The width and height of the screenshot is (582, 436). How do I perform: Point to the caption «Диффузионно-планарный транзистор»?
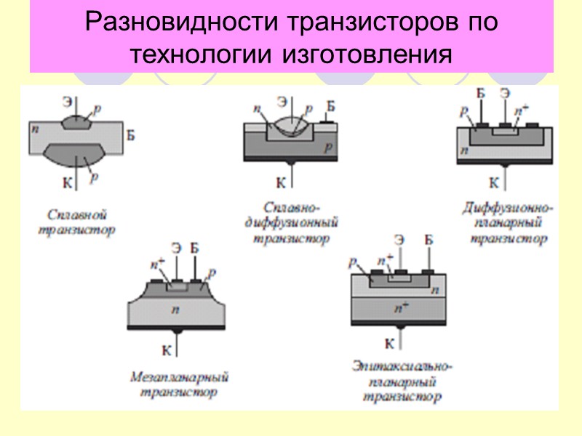coord(507,224)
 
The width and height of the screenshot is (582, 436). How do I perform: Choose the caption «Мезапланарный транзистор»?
coord(179,385)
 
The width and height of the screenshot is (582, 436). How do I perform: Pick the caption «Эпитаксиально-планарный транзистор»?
coord(402,381)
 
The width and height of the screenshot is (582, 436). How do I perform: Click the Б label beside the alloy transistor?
coord(130,134)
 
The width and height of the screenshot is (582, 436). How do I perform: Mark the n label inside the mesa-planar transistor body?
coord(175,310)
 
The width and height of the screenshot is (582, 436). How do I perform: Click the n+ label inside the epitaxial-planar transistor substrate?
coord(399,308)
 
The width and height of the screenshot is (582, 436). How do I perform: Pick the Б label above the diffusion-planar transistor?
coord(480,93)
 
